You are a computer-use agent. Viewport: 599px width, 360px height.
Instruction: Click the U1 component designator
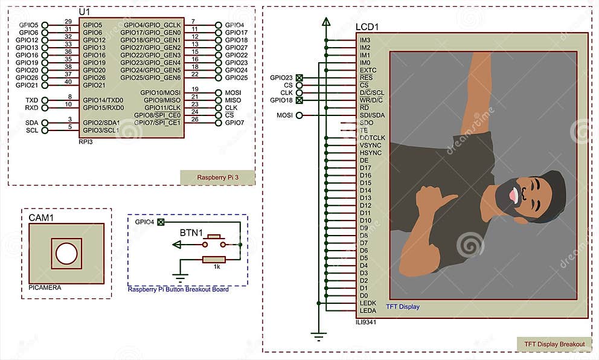[x=84, y=12]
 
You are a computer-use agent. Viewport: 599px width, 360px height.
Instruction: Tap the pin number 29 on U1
[x=68, y=22]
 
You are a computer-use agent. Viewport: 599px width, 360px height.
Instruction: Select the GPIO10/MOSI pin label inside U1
[x=160, y=93]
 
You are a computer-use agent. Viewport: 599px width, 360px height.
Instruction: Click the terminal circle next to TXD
[x=45, y=100]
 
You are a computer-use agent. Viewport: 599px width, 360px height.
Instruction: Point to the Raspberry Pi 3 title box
[x=217, y=178]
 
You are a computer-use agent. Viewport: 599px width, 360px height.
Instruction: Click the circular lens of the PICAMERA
[x=66, y=254]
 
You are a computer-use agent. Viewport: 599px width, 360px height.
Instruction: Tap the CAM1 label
[x=41, y=218]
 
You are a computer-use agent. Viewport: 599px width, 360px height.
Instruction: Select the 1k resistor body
[x=214, y=260]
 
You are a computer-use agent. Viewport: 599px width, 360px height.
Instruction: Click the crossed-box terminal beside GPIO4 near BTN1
[x=161, y=222]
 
